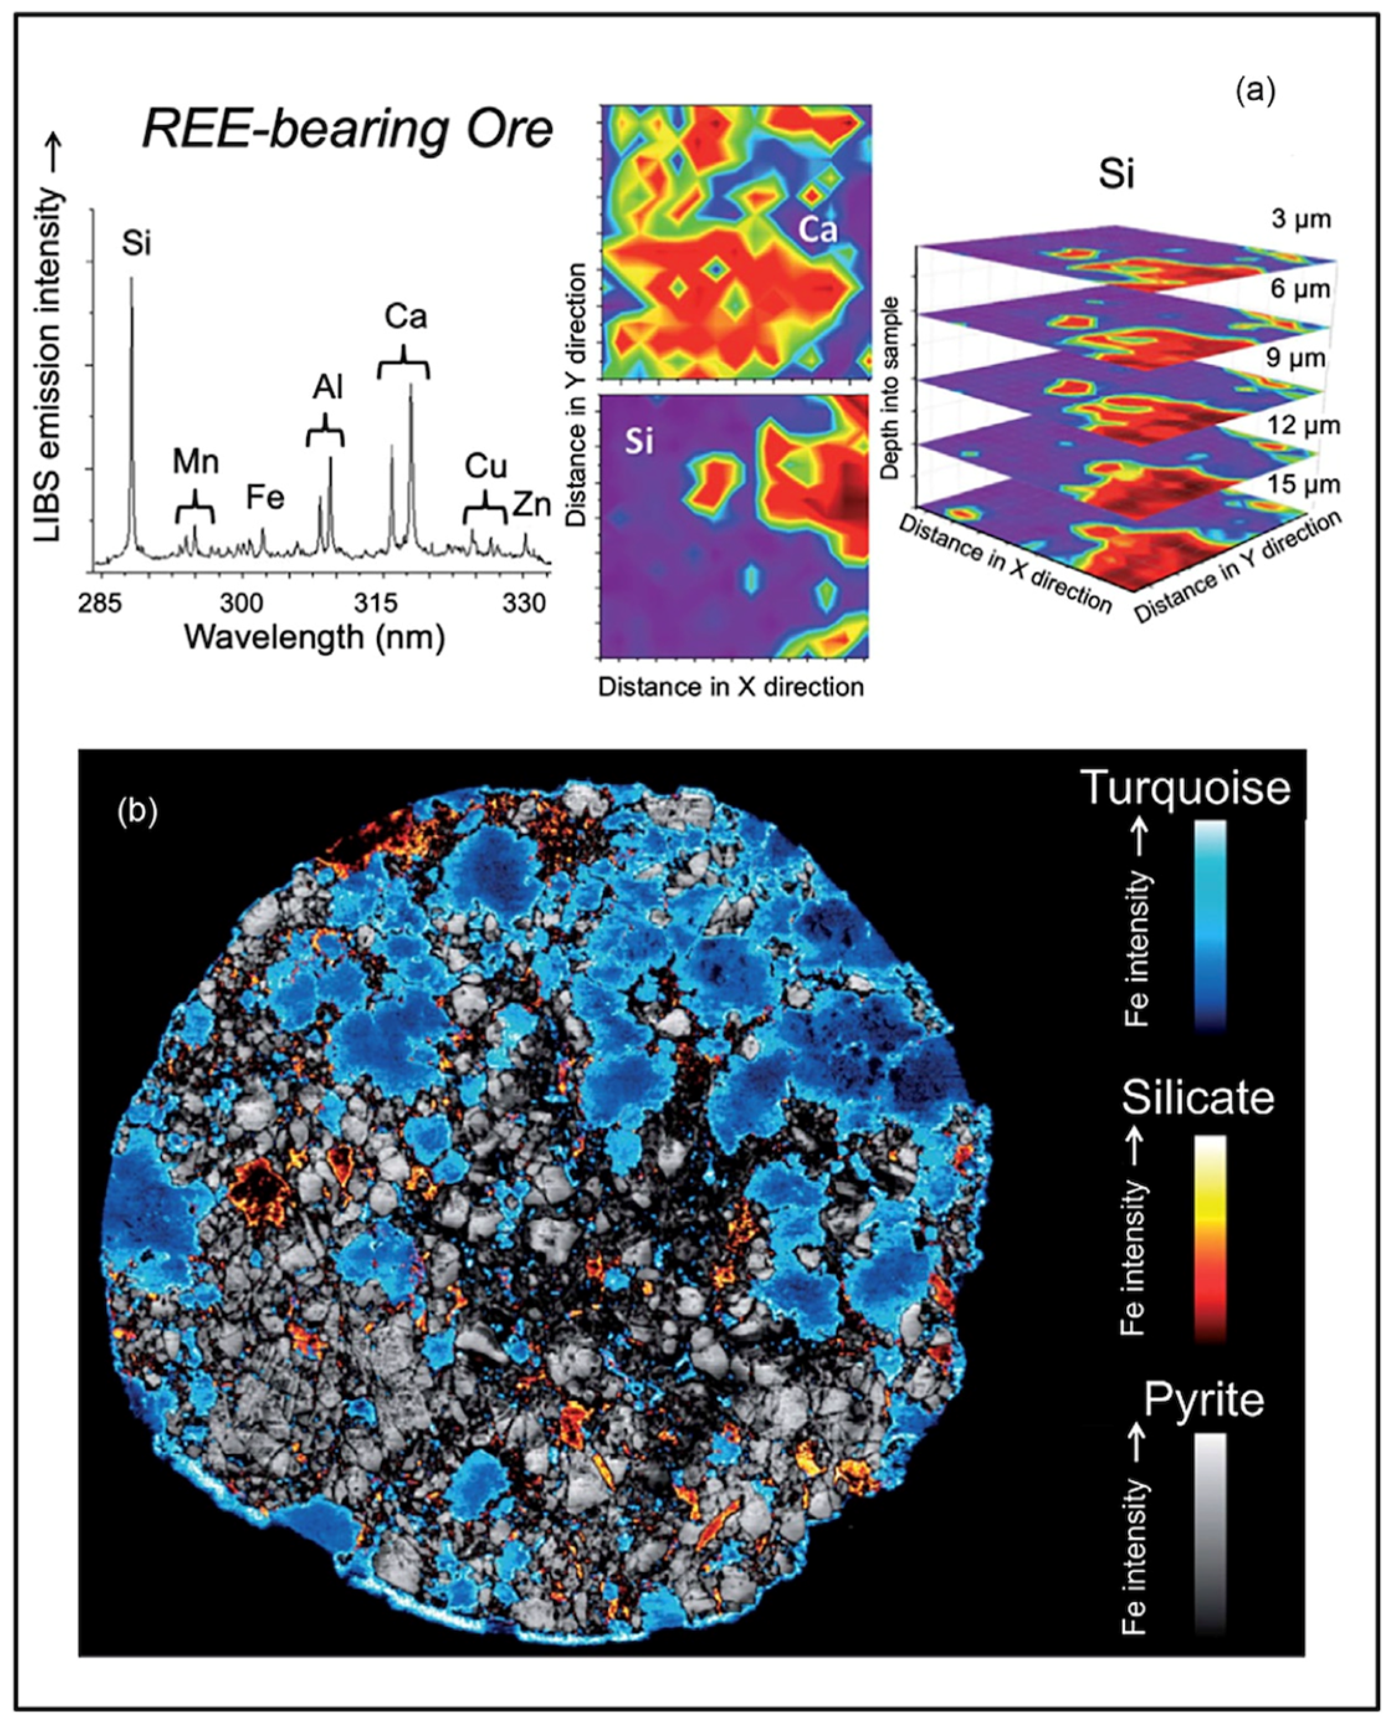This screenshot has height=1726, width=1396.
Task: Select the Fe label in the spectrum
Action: tap(265, 498)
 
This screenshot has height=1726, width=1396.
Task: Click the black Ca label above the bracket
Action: tap(404, 318)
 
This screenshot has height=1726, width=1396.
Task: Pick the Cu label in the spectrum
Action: tap(486, 467)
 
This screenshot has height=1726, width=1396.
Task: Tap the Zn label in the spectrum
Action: tap(532, 505)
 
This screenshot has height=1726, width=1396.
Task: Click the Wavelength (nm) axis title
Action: tap(314, 638)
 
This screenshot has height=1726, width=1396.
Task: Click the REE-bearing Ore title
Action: tap(347, 131)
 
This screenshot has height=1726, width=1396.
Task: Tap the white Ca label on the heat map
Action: tap(817, 231)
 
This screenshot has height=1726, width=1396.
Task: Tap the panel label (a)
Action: tap(1255, 92)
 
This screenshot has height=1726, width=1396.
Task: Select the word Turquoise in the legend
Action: tap(1185, 787)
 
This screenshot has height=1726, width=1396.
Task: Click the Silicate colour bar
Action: tap(1210, 1239)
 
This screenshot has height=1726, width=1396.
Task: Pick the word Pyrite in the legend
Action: tap(1204, 1401)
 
